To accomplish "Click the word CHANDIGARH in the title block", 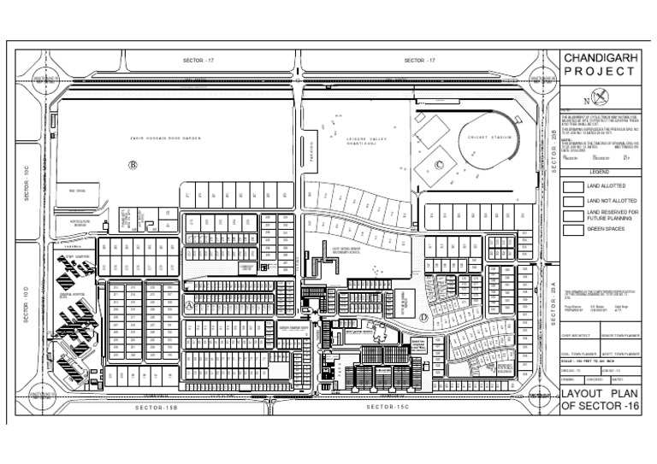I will [x=600, y=57].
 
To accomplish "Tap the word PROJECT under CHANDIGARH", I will [x=600, y=71].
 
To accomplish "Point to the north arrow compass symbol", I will [x=603, y=95].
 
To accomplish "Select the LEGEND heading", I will [x=599, y=172].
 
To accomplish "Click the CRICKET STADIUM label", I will [x=490, y=137].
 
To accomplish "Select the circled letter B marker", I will [x=133, y=164].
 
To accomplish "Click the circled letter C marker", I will [x=440, y=165].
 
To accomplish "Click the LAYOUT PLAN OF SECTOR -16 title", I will [x=600, y=400].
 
